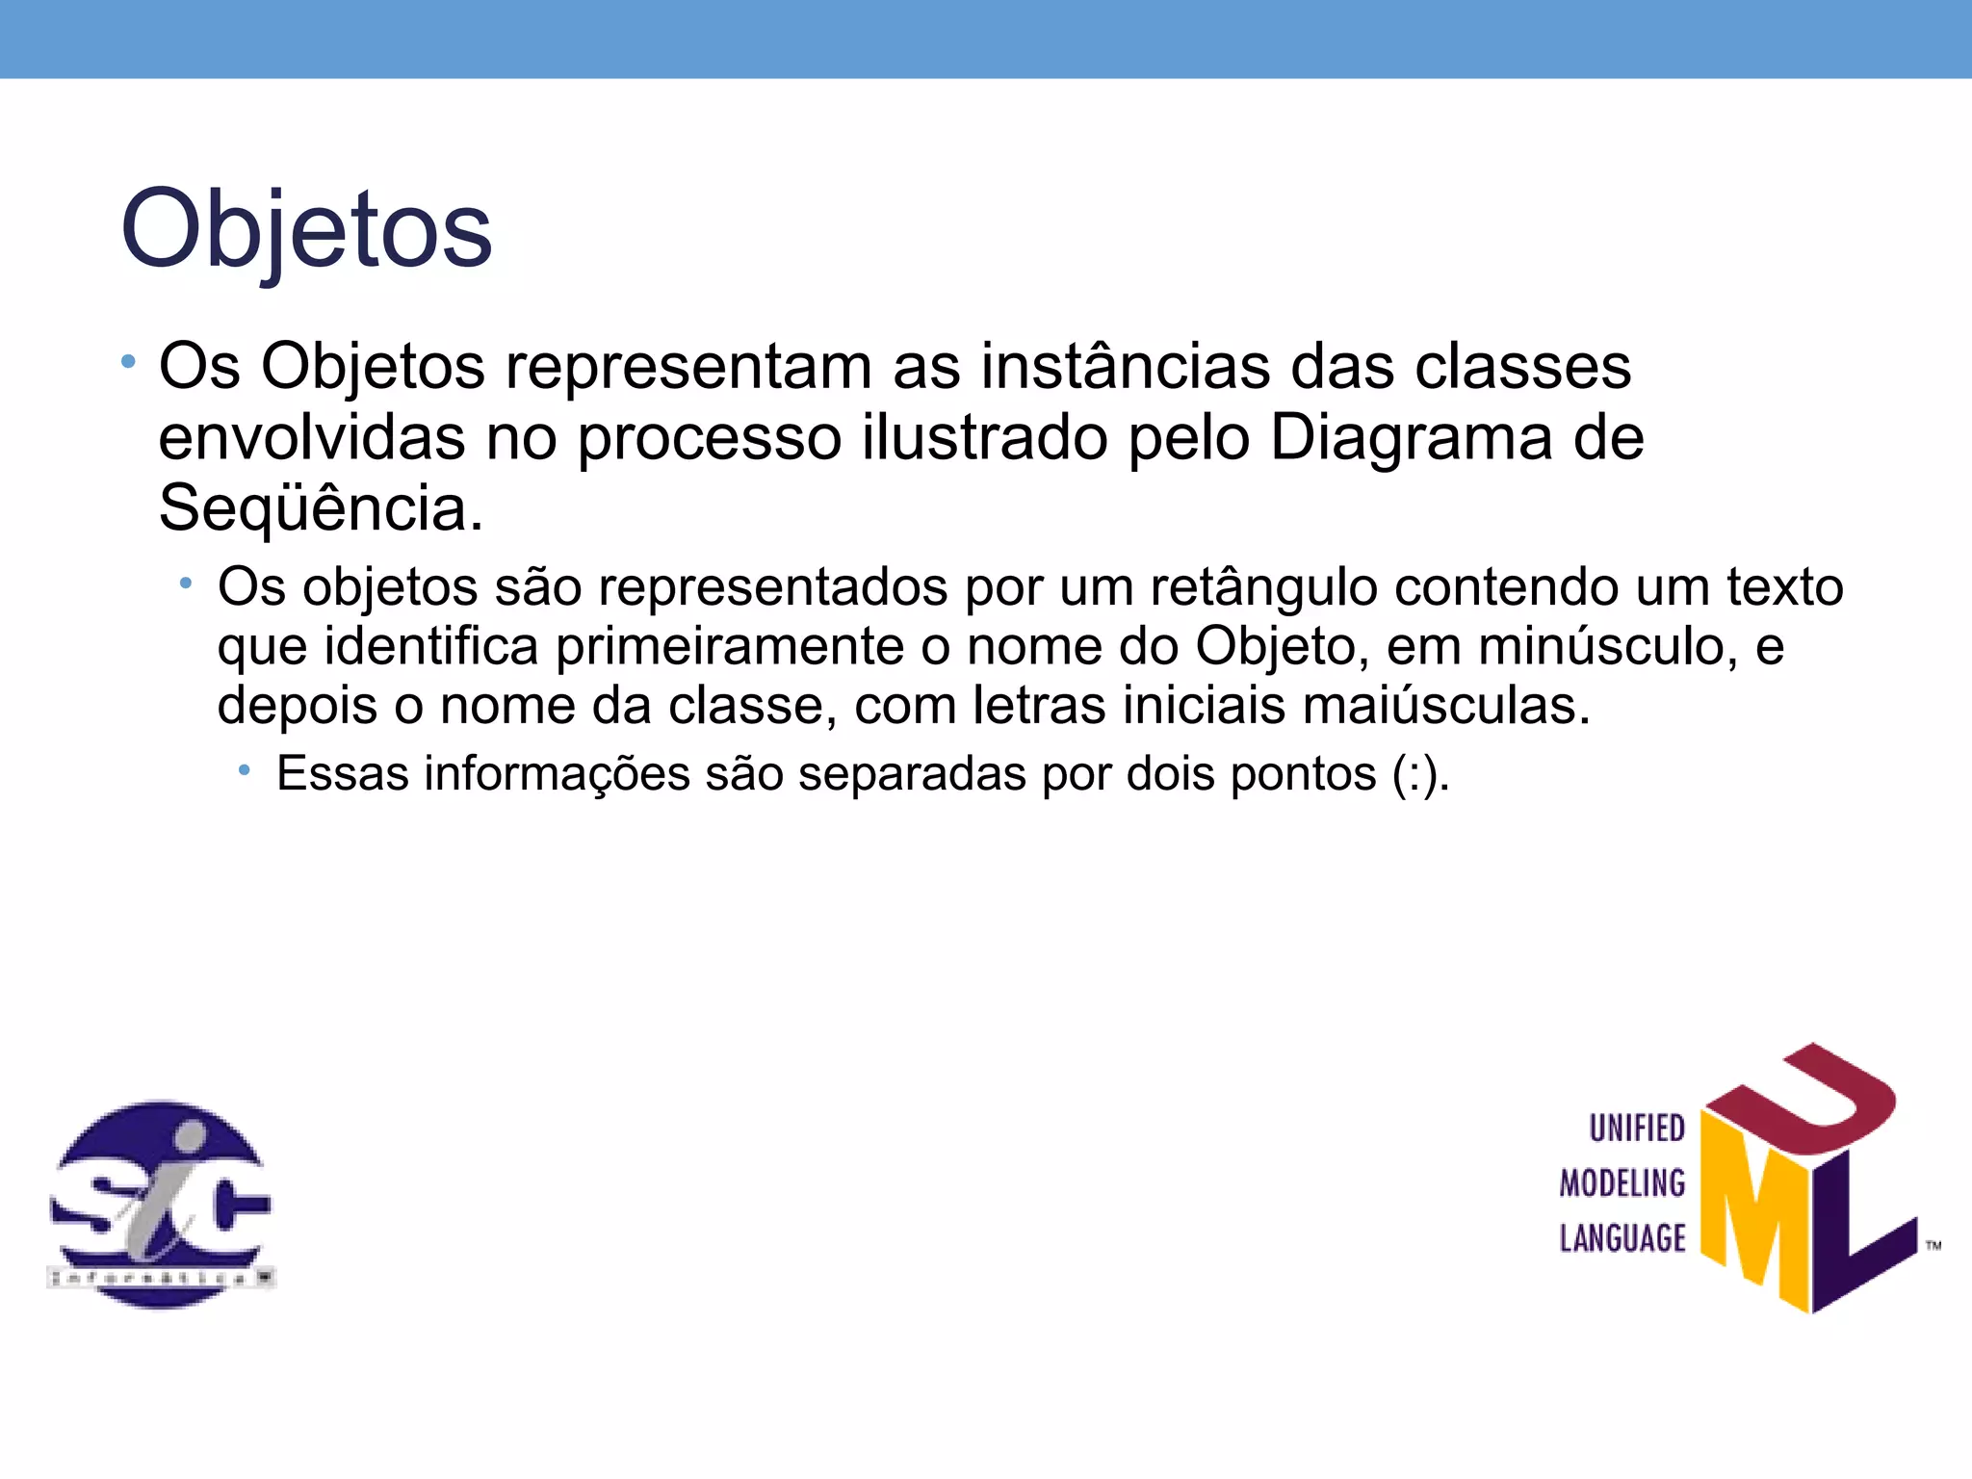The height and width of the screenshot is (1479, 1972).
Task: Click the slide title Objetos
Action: point(306,229)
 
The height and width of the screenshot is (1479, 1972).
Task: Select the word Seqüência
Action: point(321,507)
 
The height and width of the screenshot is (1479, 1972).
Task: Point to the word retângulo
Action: point(1263,586)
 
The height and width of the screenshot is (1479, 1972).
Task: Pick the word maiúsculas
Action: point(1446,706)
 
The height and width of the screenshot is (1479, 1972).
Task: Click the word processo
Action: point(710,438)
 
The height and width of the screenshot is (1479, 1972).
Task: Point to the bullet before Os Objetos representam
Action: point(128,364)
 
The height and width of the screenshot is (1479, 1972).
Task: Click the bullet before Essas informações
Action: point(245,770)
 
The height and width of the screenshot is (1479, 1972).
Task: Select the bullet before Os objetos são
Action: point(186,584)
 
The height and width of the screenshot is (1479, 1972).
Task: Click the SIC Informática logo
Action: point(161,1204)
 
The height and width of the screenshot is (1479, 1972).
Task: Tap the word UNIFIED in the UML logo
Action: point(1636,1129)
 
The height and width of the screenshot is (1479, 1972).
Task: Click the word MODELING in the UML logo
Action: point(1622,1183)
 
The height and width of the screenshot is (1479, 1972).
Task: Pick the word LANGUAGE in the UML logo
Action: point(1622,1238)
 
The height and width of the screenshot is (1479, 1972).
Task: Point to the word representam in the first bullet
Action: point(688,367)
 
